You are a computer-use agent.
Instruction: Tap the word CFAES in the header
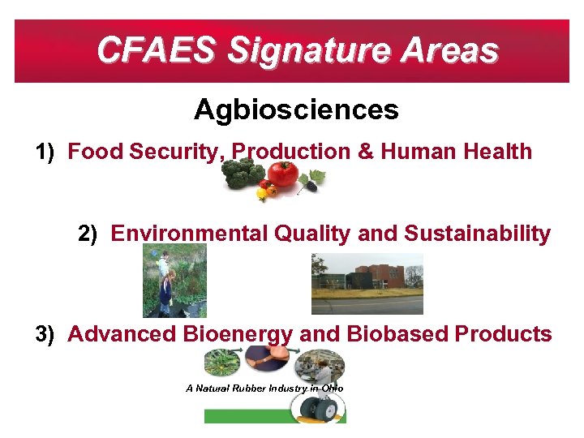click(x=155, y=50)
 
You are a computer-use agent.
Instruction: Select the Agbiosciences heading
click(x=296, y=109)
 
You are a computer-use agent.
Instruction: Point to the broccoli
click(x=244, y=173)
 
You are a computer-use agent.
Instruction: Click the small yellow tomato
click(x=261, y=194)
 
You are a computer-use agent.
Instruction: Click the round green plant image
click(x=221, y=362)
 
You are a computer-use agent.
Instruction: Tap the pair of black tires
click(x=319, y=410)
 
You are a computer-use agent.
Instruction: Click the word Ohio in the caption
click(x=333, y=389)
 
